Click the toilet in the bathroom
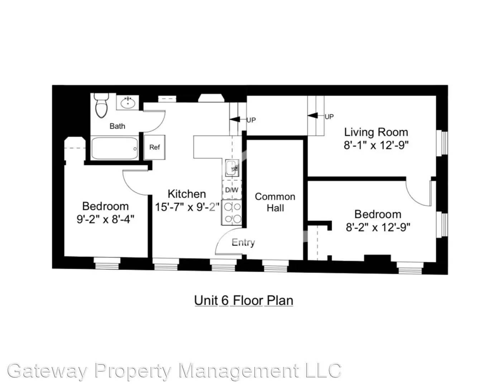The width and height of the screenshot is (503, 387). [x=101, y=106]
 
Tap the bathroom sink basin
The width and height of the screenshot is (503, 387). [x=128, y=103]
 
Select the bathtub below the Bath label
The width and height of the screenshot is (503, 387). [x=114, y=149]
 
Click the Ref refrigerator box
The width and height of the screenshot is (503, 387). [x=154, y=147]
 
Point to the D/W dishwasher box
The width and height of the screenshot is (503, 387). [x=232, y=190]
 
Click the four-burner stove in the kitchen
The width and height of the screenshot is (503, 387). [x=232, y=213]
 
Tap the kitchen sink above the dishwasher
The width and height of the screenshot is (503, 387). [x=231, y=168]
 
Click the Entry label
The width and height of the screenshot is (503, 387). [x=243, y=243]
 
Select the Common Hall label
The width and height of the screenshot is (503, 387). [x=275, y=202]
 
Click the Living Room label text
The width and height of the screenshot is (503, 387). [x=376, y=132]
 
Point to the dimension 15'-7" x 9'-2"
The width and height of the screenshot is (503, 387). [x=187, y=207]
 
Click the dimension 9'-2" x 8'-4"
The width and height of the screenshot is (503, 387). [x=105, y=219]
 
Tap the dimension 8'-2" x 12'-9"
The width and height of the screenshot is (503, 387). [x=378, y=227]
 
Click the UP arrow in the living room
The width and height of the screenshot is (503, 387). [x=313, y=116]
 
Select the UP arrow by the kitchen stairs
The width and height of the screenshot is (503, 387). [x=235, y=120]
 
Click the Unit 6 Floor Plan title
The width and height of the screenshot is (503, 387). [x=243, y=300]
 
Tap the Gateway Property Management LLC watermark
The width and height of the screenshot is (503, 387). [x=174, y=371]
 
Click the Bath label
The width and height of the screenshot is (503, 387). [x=117, y=126]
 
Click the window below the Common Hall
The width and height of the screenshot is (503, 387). [x=275, y=266]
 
